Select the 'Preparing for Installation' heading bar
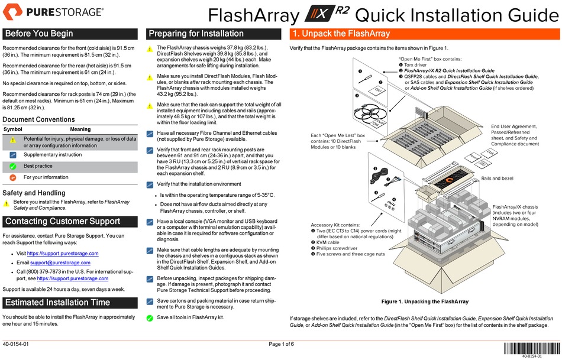(214, 34)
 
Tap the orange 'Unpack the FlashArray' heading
(341, 34)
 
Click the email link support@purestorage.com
(60, 262)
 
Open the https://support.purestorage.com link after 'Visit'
(63, 253)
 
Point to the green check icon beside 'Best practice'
(13, 166)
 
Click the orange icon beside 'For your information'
(13, 177)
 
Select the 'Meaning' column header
(80, 129)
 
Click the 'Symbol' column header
(13, 129)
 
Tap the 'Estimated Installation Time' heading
(58, 303)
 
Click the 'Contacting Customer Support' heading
(63, 221)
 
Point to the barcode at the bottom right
(532, 349)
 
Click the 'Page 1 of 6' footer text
(282, 344)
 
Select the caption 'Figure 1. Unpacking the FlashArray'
(425, 301)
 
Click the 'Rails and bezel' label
(497, 179)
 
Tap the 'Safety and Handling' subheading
(34, 193)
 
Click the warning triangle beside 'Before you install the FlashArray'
(6, 204)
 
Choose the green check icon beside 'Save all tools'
(150, 317)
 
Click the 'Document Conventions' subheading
(38, 119)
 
